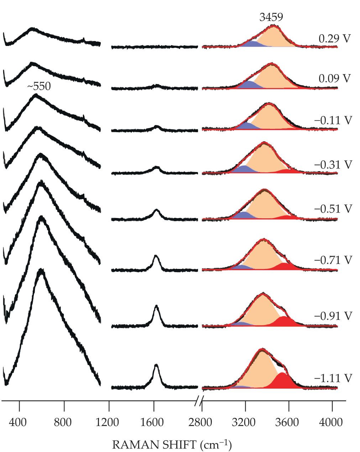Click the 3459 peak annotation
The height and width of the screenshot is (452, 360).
click(x=271, y=17)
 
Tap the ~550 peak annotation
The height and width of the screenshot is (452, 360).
click(x=39, y=87)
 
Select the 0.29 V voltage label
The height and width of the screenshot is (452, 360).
click(x=335, y=39)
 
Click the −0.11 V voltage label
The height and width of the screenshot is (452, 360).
click(x=333, y=121)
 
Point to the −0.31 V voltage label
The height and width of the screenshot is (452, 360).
click(x=333, y=165)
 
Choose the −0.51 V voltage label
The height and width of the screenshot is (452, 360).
click(x=333, y=208)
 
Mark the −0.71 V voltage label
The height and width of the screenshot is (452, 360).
click(x=333, y=260)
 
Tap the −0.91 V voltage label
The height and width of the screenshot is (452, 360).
click(x=333, y=316)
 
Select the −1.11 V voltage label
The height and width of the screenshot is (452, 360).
click(x=333, y=378)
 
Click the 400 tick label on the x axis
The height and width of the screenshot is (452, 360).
click(x=19, y=423)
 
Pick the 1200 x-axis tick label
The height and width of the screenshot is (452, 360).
click(x=109, y=423)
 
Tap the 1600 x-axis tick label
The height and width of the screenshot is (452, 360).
click(x=153, y=423)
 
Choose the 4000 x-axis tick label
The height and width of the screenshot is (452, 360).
click(x=332, y=423)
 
